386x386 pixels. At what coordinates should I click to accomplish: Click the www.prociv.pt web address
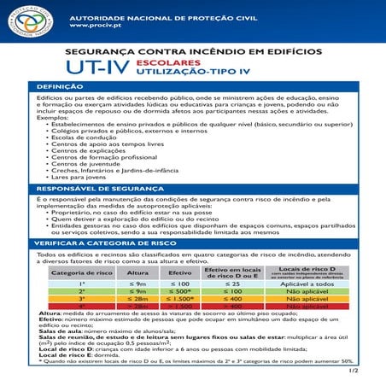pyautogui.click(x=93, y=26)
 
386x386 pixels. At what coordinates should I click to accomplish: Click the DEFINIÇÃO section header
pyautogui.click(x=59, y=88)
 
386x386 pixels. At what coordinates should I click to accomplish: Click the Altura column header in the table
pyautogui.click(x=138, y=273)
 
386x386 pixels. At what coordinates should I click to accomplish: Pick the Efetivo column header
pyautogui.click(x=180, y=273)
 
